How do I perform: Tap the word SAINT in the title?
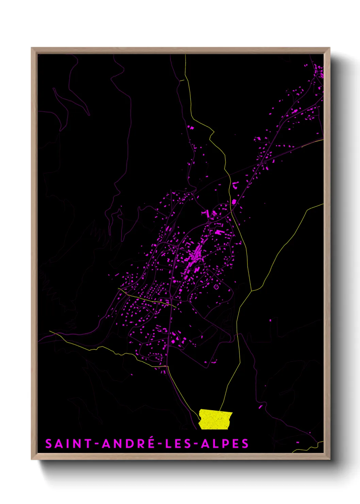pos(68,444)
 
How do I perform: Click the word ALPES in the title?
pos(225,444)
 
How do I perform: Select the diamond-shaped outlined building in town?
pos(216,287)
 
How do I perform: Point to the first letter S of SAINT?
pos(49,444)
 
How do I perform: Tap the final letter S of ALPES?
pos(245,444)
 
